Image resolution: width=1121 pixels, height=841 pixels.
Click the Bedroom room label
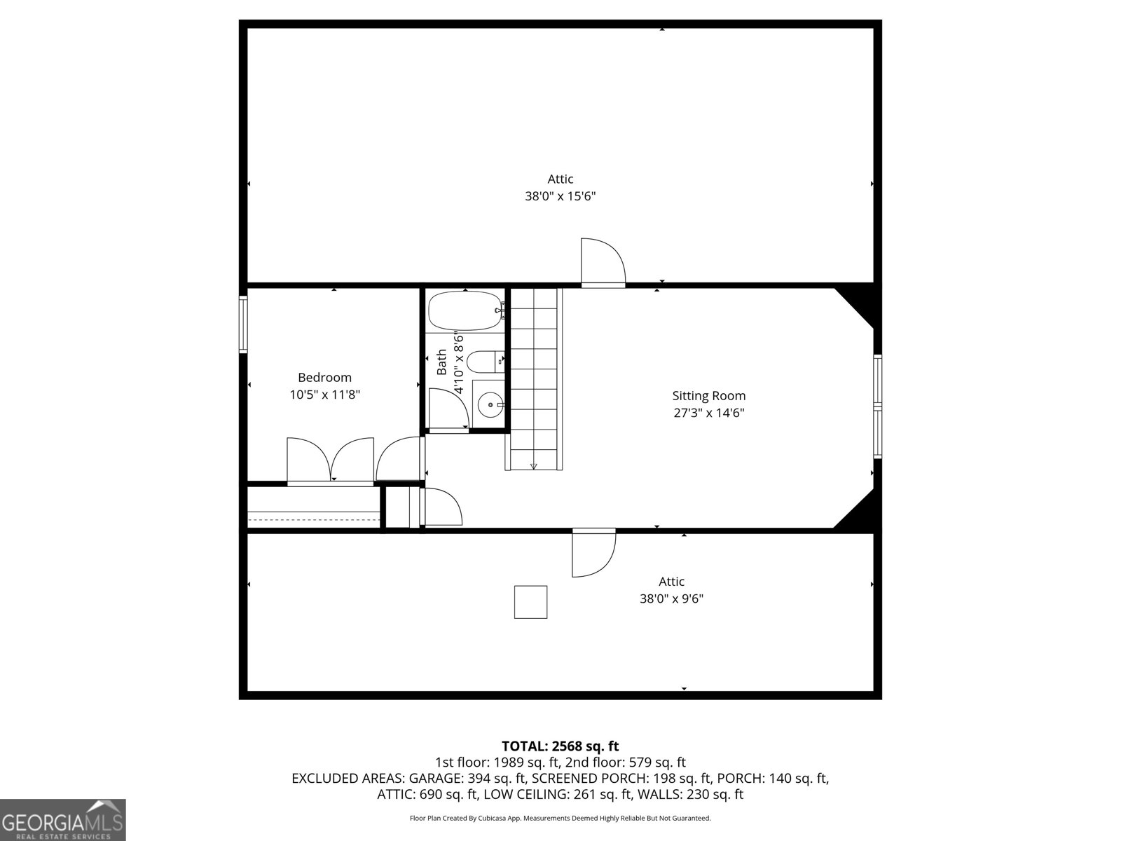tap(324, 378)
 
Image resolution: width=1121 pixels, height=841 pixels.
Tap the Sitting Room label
tap(708, 396)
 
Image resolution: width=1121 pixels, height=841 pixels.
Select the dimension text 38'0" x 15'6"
tap(560, 197)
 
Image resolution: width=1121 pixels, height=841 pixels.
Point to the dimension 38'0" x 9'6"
tap(671, 599)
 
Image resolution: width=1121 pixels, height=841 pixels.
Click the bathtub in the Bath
tap(464, 310)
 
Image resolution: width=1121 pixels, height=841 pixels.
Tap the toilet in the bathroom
tap(483, 362)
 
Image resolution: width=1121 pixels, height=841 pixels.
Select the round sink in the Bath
tap(489, 404)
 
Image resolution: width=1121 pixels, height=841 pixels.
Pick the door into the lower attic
tap(593, 552)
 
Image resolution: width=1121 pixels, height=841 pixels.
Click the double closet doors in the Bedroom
tap(330, 460)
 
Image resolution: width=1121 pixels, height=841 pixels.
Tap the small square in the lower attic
tap(530, 602)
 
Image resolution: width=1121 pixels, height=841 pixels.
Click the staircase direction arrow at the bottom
tap(533, 466)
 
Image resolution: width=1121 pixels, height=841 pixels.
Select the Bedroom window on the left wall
tap(243, 324)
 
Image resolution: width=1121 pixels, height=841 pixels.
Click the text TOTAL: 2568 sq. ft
tap(560, 746)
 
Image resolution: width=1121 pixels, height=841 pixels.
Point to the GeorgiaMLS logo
tap(62, 819)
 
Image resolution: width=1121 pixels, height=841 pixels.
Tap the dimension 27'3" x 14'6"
tap(708, 413)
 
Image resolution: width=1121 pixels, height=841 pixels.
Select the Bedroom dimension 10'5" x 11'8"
tap(324, 395)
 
